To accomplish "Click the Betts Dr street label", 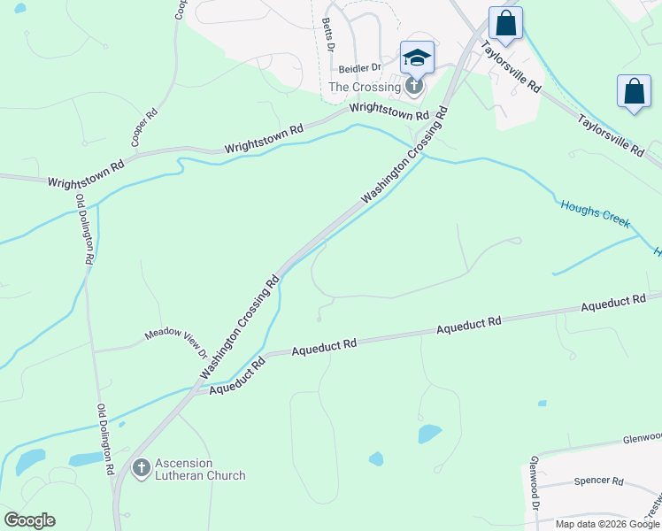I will tap(327, 35).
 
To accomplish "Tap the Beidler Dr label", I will tap(359, 67).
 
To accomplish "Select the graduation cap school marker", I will tap(417, 58).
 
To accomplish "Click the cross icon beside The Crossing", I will tap(412, 86).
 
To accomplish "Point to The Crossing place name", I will tap(365, 87).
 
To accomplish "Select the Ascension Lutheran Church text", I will tap(200, 469).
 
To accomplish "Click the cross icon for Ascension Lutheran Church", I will tap(141, 468).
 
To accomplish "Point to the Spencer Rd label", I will tap(599, 481).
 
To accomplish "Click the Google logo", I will tap(29, 520).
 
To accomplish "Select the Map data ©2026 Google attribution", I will tap(606, 524).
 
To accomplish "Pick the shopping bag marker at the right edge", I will tap(634, 91).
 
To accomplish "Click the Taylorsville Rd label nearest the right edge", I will tap(611, 136).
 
